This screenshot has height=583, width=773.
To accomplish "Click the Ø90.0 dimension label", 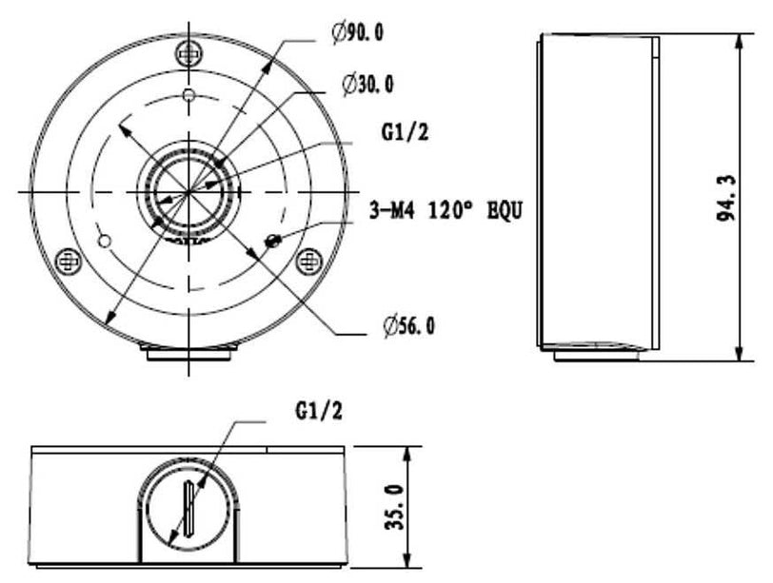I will coord(360,33).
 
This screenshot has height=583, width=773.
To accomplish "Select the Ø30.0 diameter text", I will coord(368,85).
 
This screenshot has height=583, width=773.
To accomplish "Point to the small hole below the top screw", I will coord(188,94).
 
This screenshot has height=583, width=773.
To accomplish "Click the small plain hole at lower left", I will coord(106,238).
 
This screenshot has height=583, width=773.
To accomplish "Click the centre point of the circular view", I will coord(188,191).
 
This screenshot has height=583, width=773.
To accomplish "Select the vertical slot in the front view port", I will coord(189,510).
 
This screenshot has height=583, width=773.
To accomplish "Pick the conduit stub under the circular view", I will coord(188,353).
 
